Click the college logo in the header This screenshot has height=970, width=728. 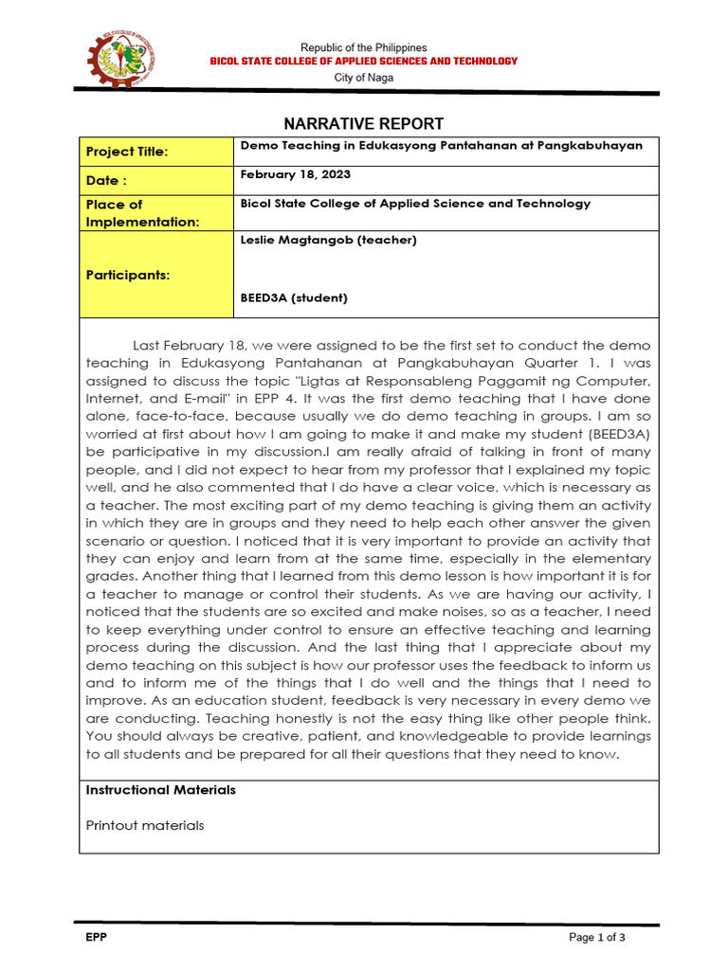coord(119,60)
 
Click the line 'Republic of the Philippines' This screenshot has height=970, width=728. coord(364,47)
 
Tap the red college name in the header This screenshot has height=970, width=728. coord(364,61)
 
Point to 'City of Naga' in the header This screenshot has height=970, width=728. coord(364,77)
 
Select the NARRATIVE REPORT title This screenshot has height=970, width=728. coord(364,124)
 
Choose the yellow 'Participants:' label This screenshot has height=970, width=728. coord(128,275)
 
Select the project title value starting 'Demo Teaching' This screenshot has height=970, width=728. coord(441,145)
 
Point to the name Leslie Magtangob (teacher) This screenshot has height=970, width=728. coord(328,240)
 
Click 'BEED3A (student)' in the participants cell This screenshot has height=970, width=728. coord(294,297)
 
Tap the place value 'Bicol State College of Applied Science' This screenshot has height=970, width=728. coord(415,204)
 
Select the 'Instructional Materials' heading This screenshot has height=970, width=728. coord(160,790)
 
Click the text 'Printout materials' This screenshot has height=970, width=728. coord(144,825)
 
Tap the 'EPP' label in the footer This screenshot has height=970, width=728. coord(96,938)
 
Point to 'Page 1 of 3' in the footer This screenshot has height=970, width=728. coord(597,938)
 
